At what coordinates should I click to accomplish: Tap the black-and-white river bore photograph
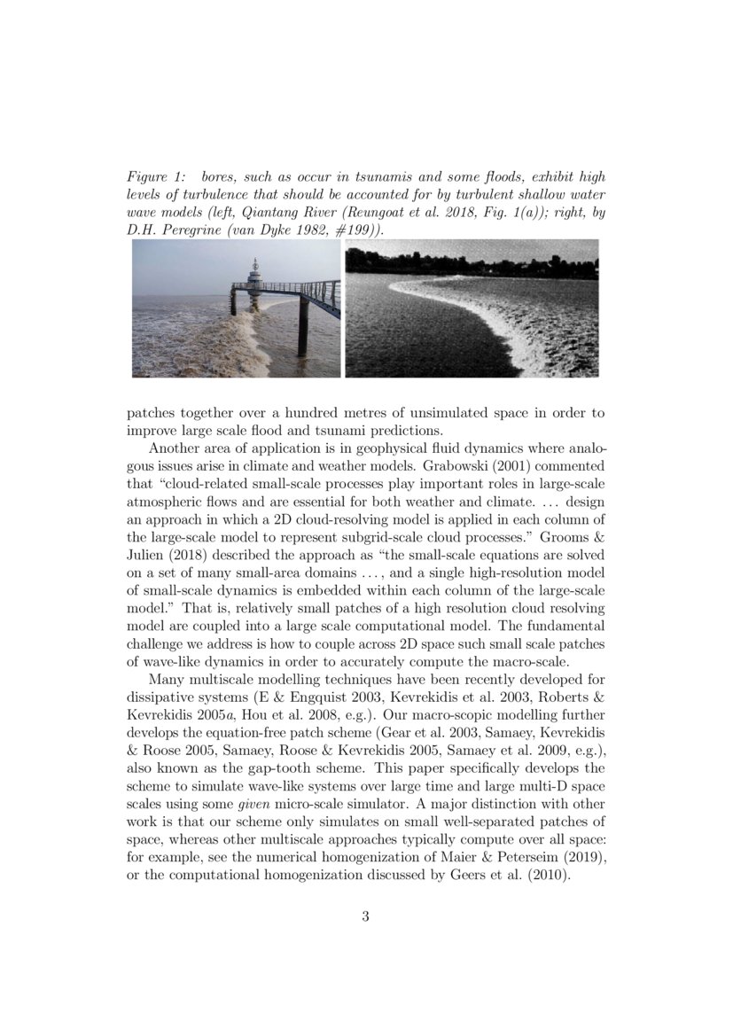pos(472,308)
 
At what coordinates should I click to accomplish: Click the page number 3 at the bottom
pos(365,916)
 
